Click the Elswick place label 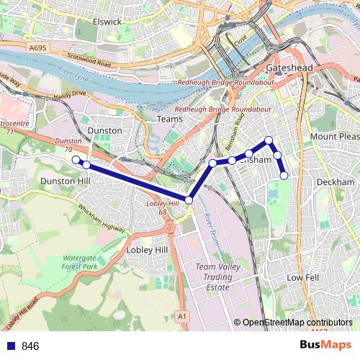tap(107, 22)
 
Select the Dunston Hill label tap(63, 181)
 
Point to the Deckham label tap(335, 182)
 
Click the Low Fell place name tap(302, 277)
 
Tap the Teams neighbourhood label tap(170, 119)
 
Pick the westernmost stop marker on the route tap(76, 160)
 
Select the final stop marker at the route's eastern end tap(284, 175)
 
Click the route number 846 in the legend tap(31, 346)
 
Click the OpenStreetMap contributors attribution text tap(297, 323)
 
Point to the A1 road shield tap(181, 315)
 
